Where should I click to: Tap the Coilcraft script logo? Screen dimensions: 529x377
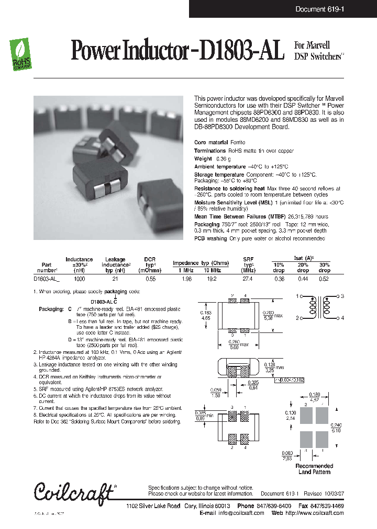pyautogui.click(x=74, y=492)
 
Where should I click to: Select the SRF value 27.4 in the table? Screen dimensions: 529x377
pyautogui.click(x=248, y=279)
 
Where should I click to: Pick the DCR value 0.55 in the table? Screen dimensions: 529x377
pyautogui.click(x=150, y=279)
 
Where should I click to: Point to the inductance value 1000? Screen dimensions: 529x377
pyautogui.click(x=79, y=279)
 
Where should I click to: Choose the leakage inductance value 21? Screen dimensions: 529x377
pyautogui.click(x=115, y=279)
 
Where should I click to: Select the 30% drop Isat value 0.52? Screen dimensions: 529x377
pyautogui.click(x=324, y=279)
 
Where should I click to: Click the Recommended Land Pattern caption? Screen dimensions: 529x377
pyautogui.click(x=314, y=469)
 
